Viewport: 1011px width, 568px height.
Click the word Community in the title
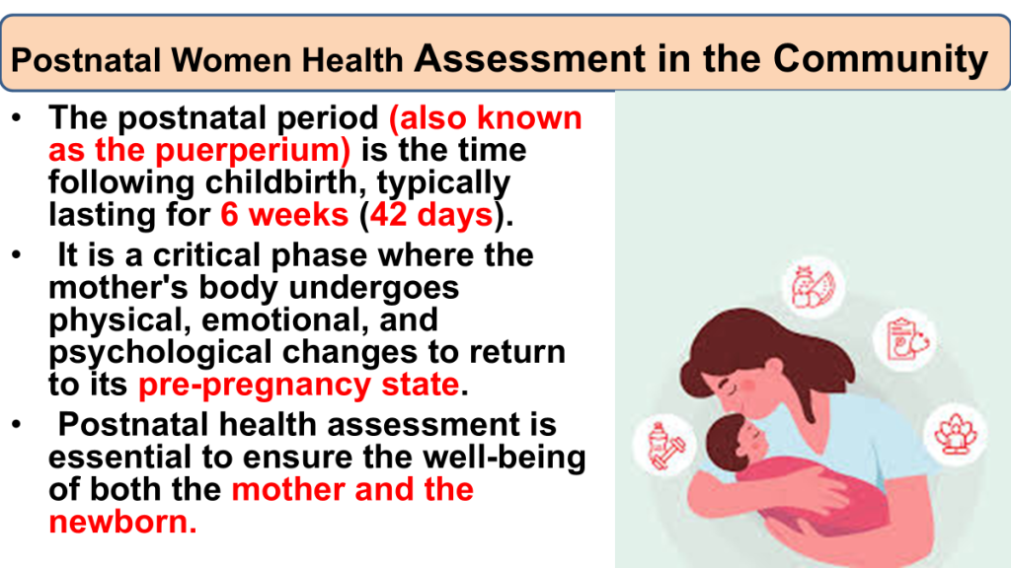point(880,58)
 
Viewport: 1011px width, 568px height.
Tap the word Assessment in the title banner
point(529,58)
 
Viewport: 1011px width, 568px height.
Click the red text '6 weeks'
point(284,214)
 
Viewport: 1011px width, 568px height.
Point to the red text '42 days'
point(431,214)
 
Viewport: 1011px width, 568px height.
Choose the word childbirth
point(285,182)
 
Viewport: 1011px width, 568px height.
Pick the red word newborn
point(122,522)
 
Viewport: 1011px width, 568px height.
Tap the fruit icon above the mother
point(814,287)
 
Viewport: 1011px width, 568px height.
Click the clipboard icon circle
point(905,339)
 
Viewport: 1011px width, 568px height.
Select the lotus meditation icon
point(956,434)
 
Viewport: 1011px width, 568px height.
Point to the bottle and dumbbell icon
point(666,445)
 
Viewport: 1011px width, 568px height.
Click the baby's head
point(735,443)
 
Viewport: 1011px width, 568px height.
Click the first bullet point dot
point(17,118)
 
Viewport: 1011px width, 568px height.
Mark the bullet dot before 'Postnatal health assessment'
point(17,424)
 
